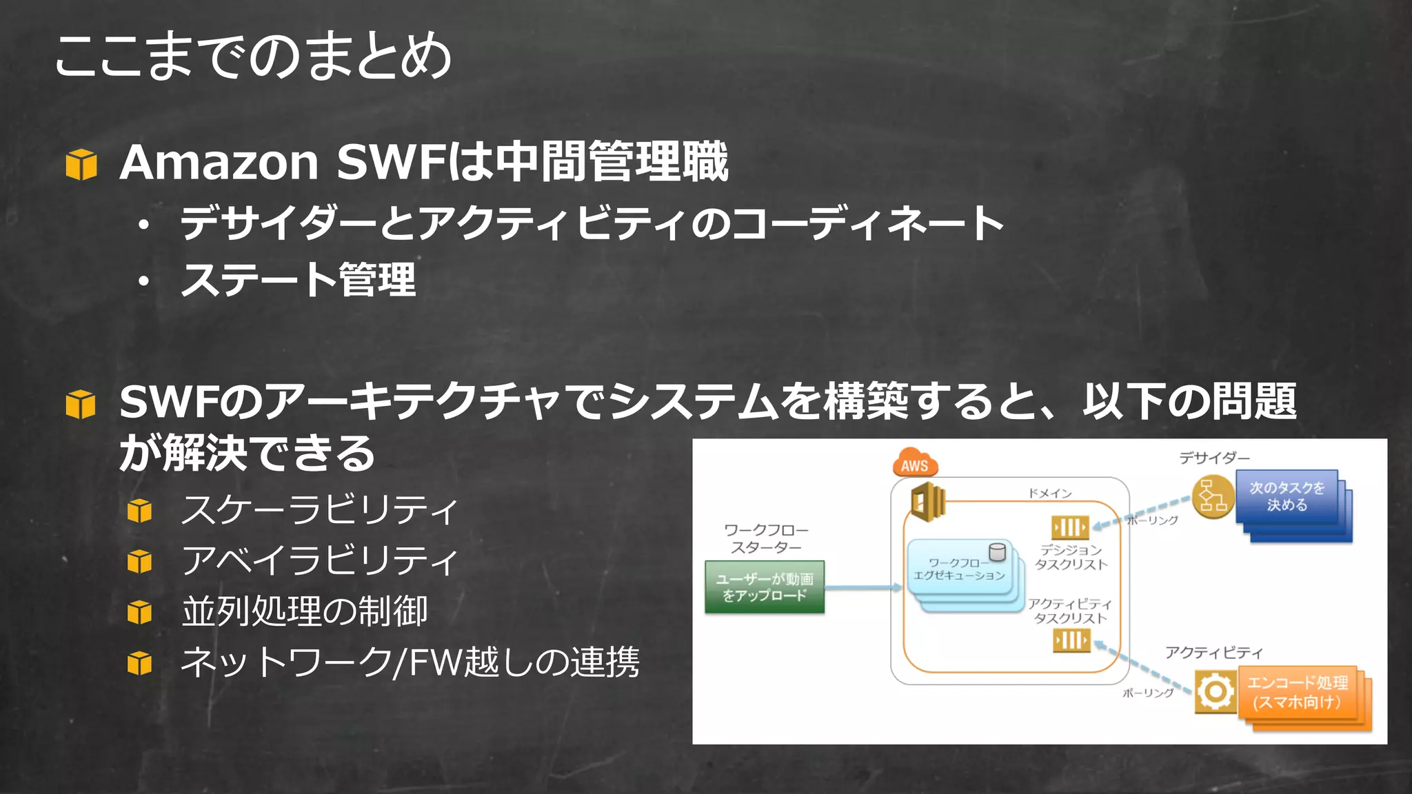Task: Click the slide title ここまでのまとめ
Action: pos(252,57)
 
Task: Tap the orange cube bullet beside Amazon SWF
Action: pos(81,164)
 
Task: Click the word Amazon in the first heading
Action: pos(219,163)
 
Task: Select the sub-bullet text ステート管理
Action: pos(298,280)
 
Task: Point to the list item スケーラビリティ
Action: pos(319,510)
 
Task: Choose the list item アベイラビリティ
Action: pos(319,560)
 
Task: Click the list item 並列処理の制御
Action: pos(305,611)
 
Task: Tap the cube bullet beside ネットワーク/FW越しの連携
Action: pos(139,663)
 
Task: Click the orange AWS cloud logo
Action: pos(915,464)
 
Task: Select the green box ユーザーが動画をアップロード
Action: pos(765,587)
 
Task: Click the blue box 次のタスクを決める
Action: pos(1287,496)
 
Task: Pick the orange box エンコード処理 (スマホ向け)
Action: pos(1298,693)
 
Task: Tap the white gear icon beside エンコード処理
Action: pos(1215,691)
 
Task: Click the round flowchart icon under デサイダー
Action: pos(1213,496)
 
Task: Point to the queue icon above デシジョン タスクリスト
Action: pos(1070,528)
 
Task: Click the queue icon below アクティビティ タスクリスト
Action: pos(1071,641)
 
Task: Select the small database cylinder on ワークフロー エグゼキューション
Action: pos(997,552)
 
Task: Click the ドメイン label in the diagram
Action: pos(1049,493)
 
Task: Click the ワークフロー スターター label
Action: pos(766,538)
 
